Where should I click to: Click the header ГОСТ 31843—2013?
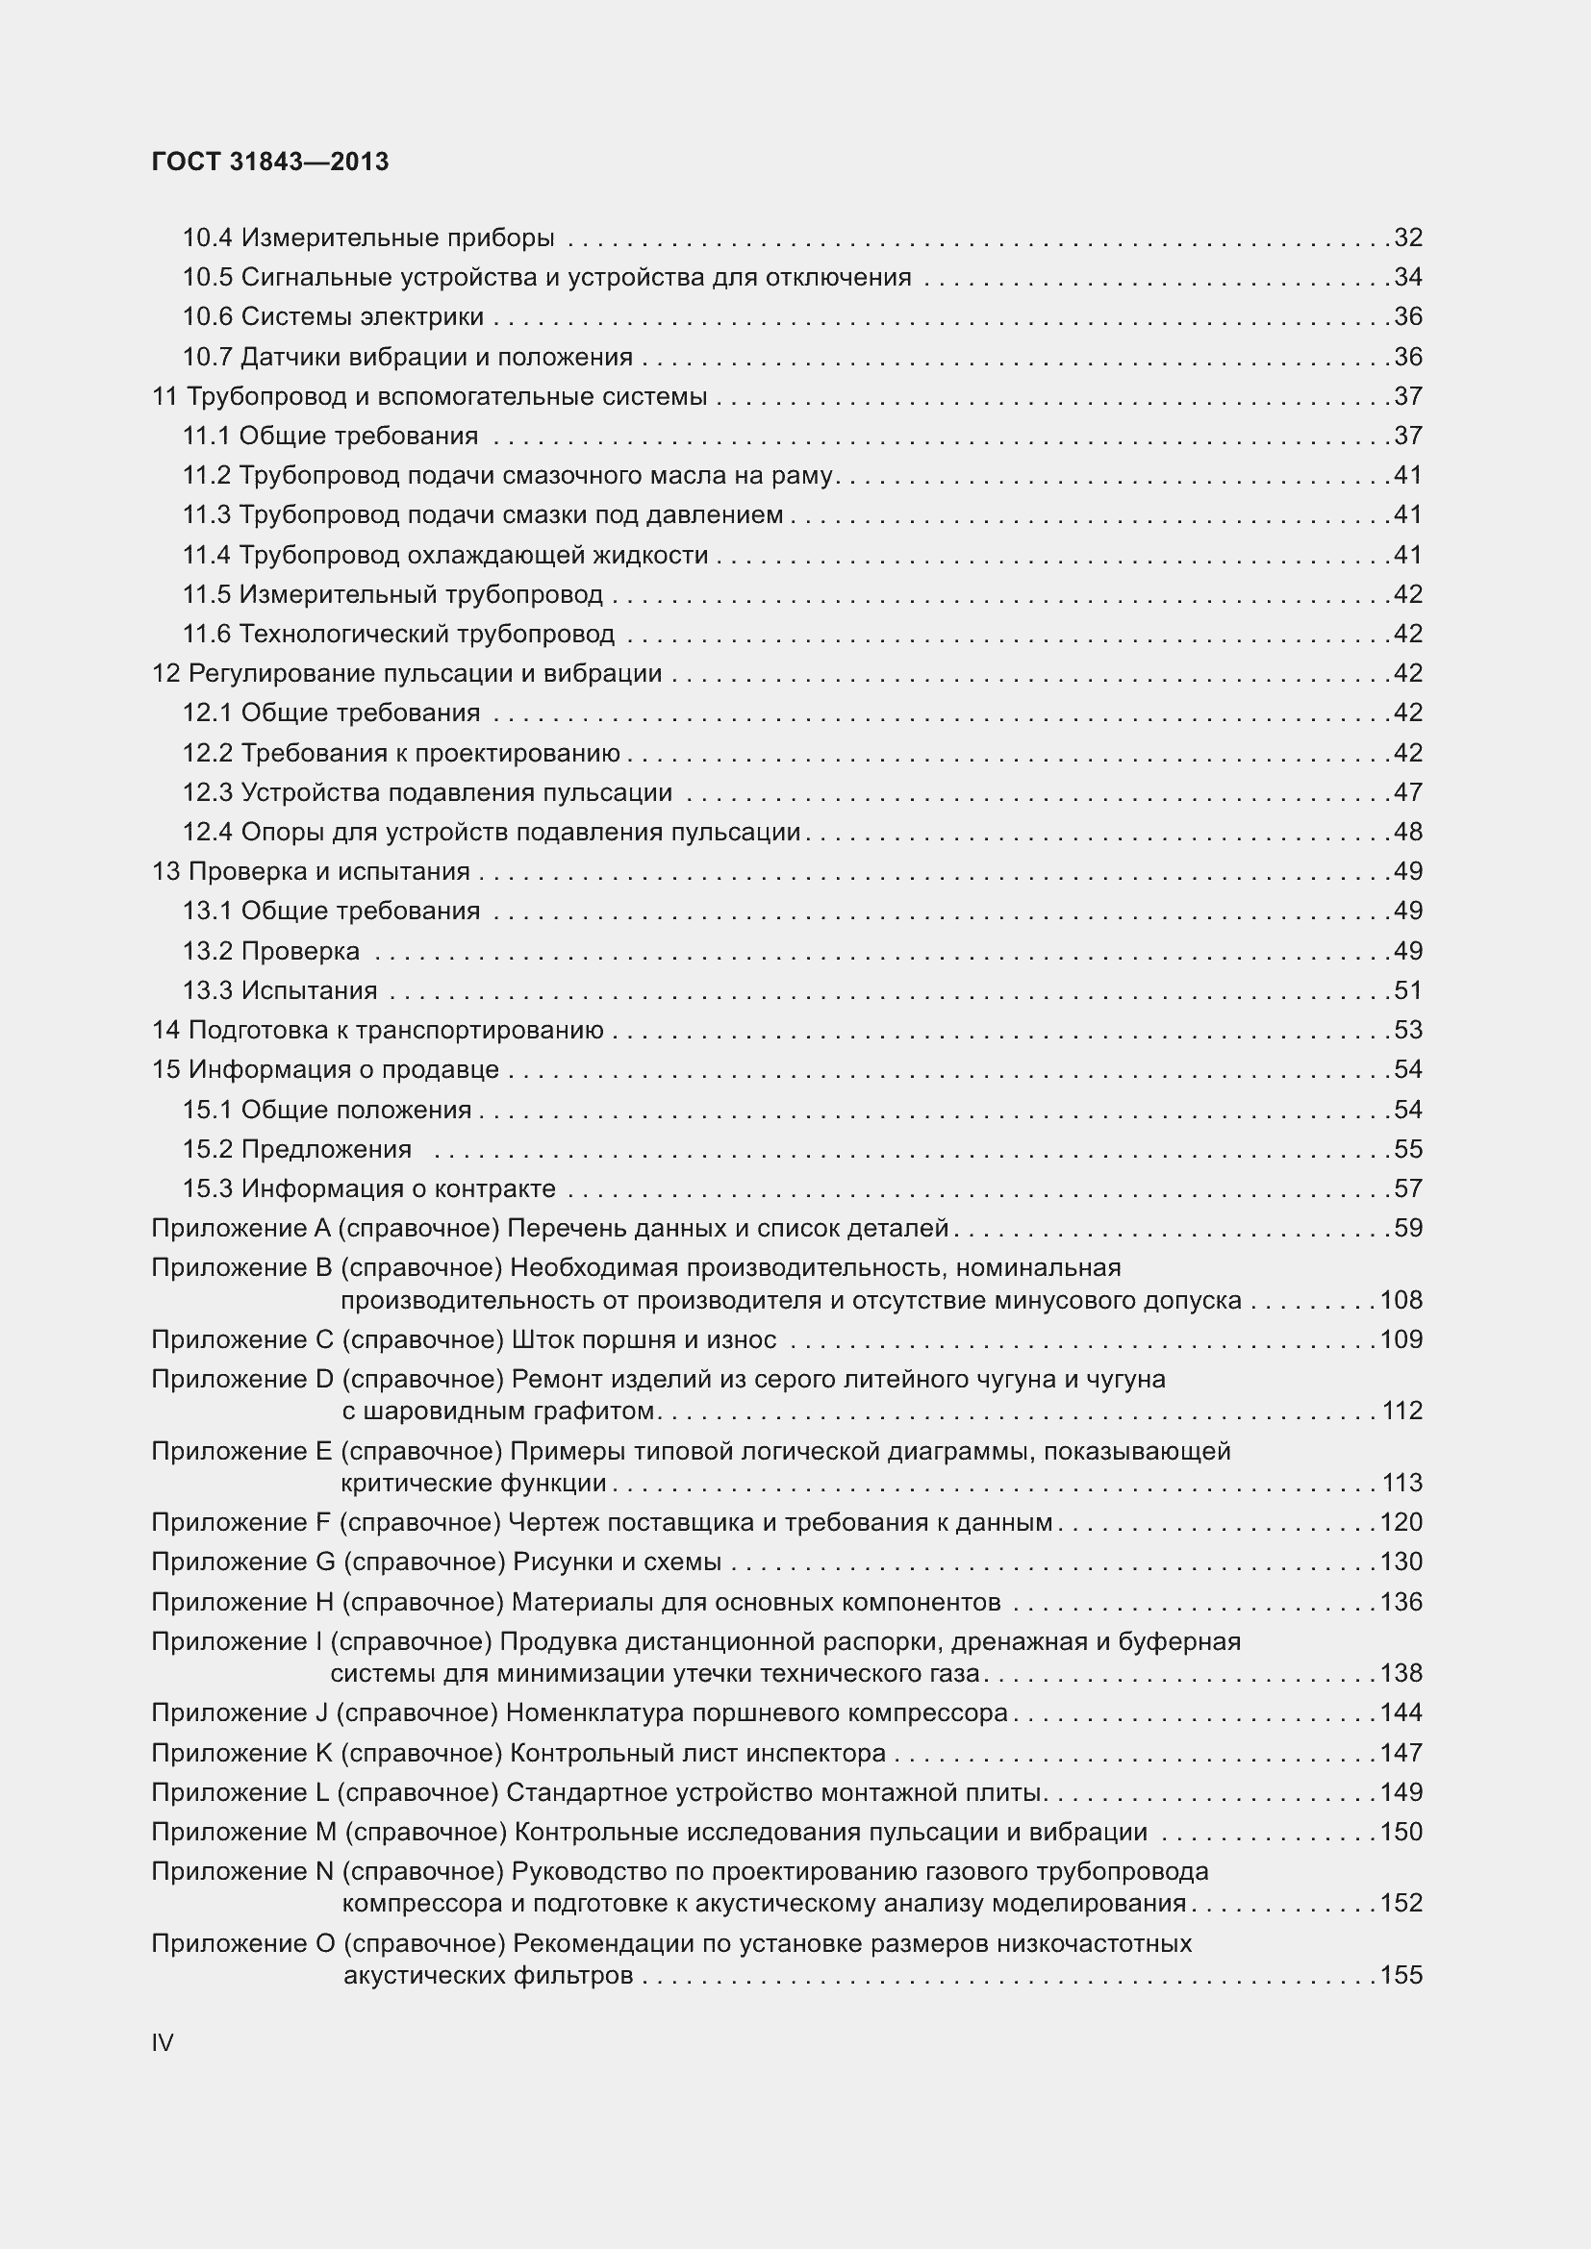point(270,162)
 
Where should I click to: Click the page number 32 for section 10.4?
point(1408,238)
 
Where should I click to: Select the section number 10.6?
point(208,316)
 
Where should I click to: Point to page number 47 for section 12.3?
point(1408,792)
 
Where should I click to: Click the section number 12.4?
point(208,833)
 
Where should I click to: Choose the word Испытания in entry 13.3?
point(310,990)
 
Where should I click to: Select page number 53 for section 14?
point(1408,1031)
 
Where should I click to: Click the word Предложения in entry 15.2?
point(326,1149)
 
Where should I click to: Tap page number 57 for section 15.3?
point(1408,1189)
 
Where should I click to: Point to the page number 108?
point(1401,1300)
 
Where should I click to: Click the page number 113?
point(1402,1483)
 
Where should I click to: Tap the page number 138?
point(1401,1673)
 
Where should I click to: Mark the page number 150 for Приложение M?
point(1401,1832)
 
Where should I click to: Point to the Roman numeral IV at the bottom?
point(163,2043)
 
